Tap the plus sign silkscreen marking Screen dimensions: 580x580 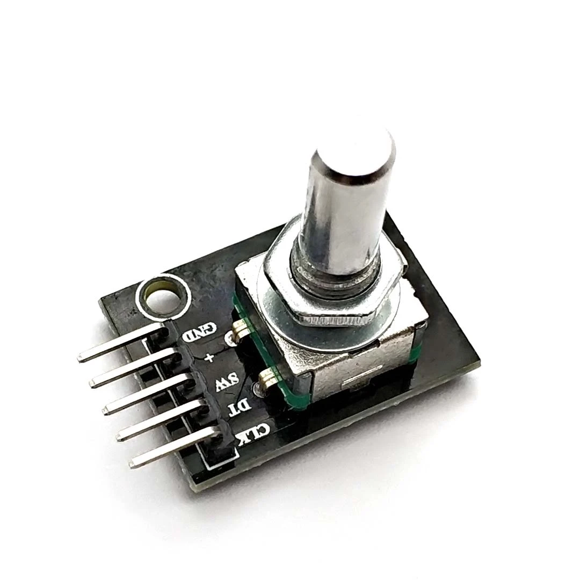[209, 357]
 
